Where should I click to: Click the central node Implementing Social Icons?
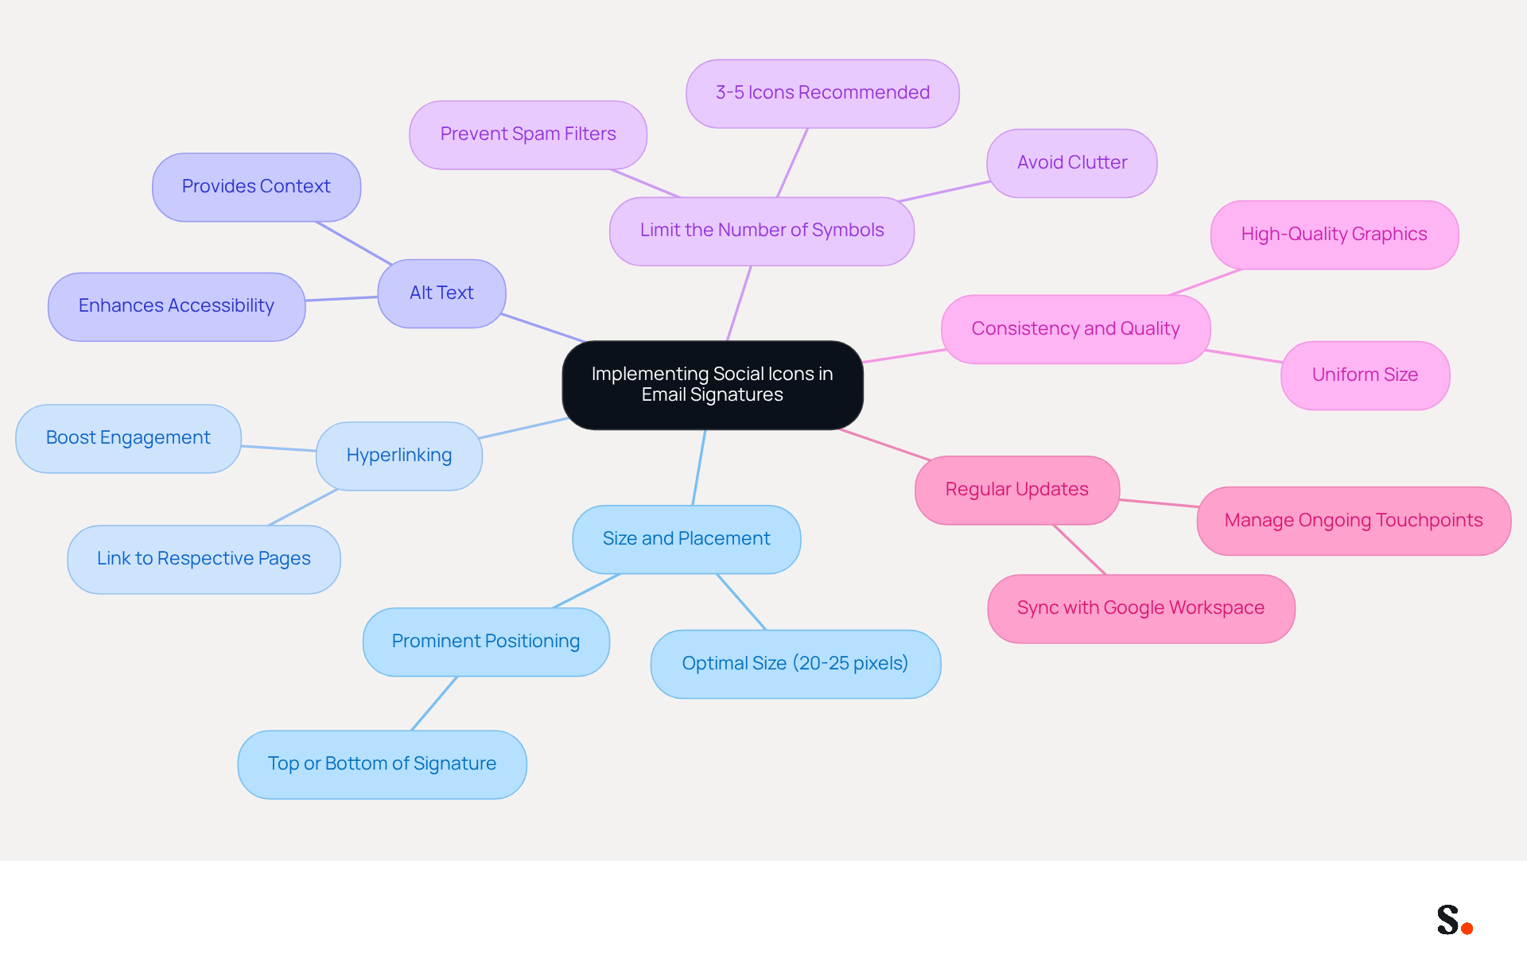(713, 385)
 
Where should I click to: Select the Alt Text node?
(441, 293)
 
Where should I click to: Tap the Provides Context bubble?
(256, 187)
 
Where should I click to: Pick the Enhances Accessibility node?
(177, 307)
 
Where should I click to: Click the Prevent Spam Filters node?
(528, 134)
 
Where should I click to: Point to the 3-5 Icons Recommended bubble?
(822, 93)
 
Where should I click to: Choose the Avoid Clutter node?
(1072, 163)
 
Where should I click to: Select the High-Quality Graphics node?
(1335, 235)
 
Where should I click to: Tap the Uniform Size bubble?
(1366, 375)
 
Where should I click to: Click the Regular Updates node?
(1017, 490)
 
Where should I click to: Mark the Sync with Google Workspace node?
(1141, 608)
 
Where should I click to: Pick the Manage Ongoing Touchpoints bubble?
(1354, 521)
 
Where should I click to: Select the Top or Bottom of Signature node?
(383, 764)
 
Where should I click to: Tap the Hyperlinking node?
(399, 456)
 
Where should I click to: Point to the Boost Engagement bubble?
(128, 438)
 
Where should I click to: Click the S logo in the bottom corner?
(1448, 920)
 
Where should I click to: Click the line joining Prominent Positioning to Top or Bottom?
(434, 703)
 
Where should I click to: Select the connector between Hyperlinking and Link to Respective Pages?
(304, 507)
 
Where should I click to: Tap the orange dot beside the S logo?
(1467, 928)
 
